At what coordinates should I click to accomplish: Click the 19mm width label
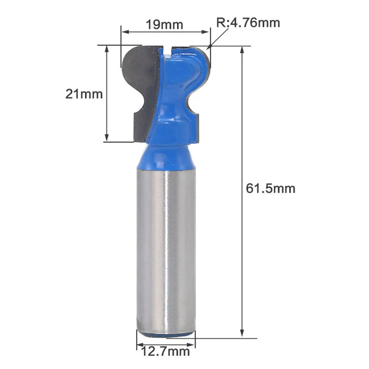164,24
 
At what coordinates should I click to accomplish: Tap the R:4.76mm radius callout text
248,23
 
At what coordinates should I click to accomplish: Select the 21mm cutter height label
84,94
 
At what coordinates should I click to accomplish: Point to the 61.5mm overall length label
271,189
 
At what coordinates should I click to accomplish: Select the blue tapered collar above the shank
166,157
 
